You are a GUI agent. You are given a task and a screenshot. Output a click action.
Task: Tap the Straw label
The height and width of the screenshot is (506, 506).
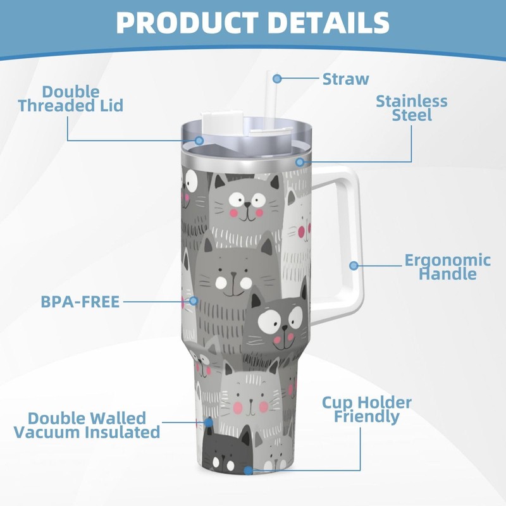pos(345,79)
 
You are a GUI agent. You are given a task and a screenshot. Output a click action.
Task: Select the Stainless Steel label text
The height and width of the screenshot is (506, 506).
pos(411,108)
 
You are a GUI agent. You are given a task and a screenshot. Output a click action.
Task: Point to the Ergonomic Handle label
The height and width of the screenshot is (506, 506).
pos(439,266)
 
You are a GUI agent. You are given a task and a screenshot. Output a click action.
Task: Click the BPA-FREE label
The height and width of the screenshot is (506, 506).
pos(80,302)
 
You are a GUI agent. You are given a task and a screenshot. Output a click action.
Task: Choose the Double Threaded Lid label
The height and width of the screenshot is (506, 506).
pos(70,99)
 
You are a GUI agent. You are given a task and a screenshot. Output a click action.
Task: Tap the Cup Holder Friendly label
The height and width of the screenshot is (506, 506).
pos(367,409)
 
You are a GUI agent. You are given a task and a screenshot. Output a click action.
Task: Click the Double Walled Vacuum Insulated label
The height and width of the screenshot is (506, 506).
pos(87,425)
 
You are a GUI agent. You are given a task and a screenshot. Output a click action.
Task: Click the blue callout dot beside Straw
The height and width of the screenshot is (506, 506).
pos(277,78)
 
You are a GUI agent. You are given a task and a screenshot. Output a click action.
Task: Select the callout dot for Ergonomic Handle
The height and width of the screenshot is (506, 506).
pos(354,266)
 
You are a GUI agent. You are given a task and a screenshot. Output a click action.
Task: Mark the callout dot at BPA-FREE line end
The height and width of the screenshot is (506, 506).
pos(194,302)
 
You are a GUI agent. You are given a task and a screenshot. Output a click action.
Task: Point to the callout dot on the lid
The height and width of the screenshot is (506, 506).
pos(199,140)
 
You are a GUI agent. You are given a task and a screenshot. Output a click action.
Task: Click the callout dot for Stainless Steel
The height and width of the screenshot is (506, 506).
pos(300,162)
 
